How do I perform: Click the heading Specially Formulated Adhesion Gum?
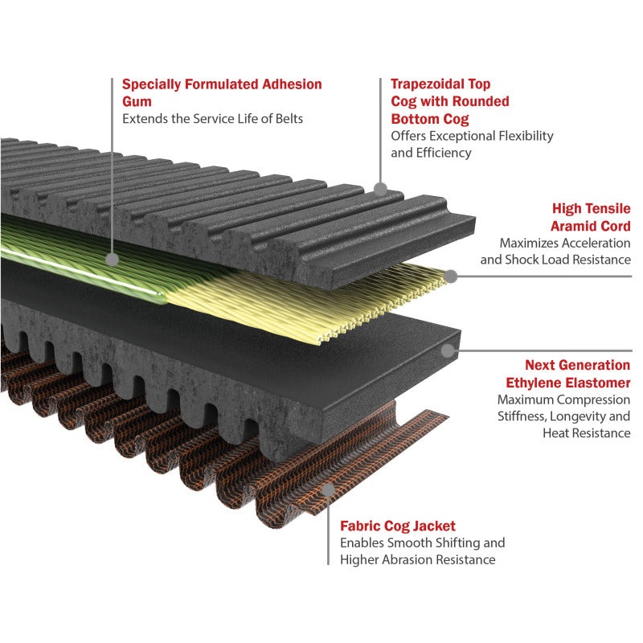pyautogui.click(x=221, y=92)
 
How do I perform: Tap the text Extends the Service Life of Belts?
pyautogui.click(x=213, y=119)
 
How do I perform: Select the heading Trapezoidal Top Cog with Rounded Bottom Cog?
pyautogui.click(x=449, y=101)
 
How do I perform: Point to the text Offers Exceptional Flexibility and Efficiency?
pyautogui.click(x=472, y=144)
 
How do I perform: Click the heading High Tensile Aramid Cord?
pyautogui.click(x=592, y=217)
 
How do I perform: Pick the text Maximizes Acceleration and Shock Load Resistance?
pyautogui.click(x=555, y=251)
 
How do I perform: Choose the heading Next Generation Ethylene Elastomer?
pyautogui.click(x=577, y=373)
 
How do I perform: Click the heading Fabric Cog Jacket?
pyautogui.click(x=398, y=526)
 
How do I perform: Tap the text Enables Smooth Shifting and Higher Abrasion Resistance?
pyautogui.click(x=422, y=551)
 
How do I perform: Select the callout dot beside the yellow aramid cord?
pyautogui.click(x=452, y=276)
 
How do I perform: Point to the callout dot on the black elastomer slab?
pyautogui.click(x=448, y=350)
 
